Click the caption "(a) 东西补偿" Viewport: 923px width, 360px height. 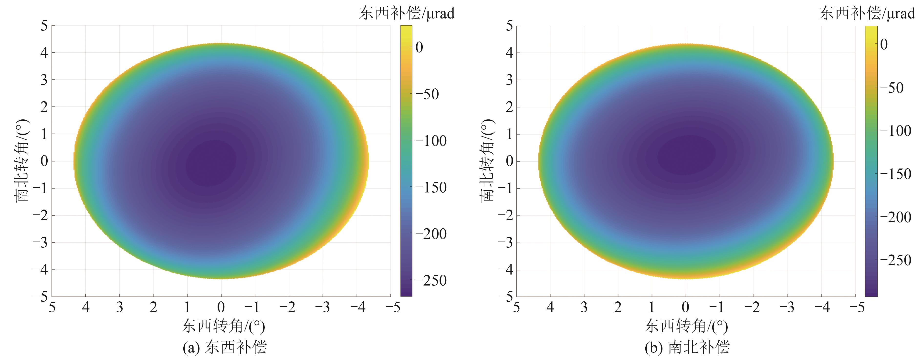pos(225,347)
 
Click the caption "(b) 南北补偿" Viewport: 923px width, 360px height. pos(687,347)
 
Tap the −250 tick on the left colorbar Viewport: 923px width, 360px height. pos(431,280)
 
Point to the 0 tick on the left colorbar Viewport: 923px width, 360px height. pos(419,47)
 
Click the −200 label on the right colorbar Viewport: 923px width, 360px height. pos(894,217)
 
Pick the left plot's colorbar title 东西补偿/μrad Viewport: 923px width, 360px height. pos(407,14)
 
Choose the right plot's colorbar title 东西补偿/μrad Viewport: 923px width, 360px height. pos(867,14)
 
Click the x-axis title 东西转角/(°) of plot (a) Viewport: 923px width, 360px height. pos(223,326)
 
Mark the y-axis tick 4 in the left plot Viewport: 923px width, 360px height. pos(44,53)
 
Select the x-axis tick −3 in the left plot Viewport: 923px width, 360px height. pos(323,307)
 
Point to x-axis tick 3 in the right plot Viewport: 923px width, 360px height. pos(584,307)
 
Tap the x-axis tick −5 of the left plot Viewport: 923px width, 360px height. pos(393,307)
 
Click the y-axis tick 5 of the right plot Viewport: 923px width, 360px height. pos(509,26)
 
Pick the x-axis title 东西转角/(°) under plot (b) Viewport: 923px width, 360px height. pos(686,326)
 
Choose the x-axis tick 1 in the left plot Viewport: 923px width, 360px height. pos(187,307)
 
